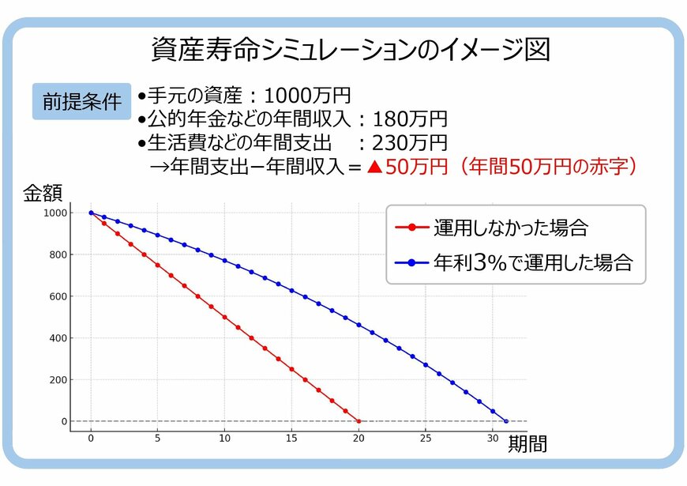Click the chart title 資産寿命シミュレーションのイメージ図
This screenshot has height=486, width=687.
pyautogui.click(x=350, y=50)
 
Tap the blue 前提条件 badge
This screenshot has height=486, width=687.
pyautogui.click(x=81, y=102)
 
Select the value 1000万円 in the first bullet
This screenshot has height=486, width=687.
pyautogui.click(x=307, y=96)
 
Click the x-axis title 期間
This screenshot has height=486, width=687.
pyautogui.click(x=527, y=444)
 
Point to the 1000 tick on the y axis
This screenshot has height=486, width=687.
pyautogui.click(x=57, y=213)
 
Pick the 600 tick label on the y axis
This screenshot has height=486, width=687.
pyautogui.click(x=59, y=296)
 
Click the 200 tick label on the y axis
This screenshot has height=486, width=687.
pyautogui.click(x=59, y=380)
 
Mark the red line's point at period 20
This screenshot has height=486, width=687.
pyautogui.click(x=359, y=421)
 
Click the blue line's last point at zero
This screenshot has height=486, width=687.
pyautogui.click(x=506, y=421)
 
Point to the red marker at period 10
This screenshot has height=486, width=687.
pyautogui.click(x=225, y=317)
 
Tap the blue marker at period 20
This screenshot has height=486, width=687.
pyautogui.click(x=359, y=325)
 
